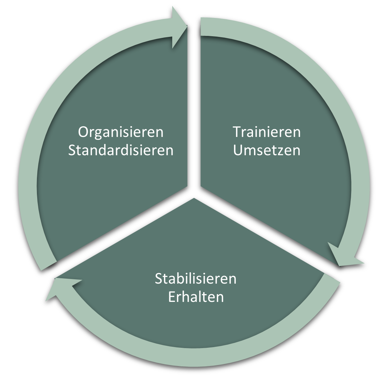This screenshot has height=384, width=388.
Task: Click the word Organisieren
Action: (x=121, y=132)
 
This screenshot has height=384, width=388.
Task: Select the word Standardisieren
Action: (x=121, y=150)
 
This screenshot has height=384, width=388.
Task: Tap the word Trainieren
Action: (x=267, y=132)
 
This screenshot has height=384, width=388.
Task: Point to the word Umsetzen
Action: (x=267, y=150)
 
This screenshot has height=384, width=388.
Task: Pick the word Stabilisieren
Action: (x=196, y=279)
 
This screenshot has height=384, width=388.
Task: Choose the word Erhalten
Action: (x=196, y=297)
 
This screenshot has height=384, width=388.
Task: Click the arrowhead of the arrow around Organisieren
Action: (x=179, y=27)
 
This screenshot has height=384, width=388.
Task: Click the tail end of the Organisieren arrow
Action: (x=49, y=266)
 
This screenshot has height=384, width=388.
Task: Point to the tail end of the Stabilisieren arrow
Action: (x=331, y=278)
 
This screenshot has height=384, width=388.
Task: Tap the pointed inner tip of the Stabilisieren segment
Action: (x=194, y=198)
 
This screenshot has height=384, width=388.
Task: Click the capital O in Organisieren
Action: (x=83, y=132)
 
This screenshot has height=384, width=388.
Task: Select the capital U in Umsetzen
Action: (x=237, y=150)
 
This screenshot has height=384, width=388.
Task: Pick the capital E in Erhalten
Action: (x=172, y=297)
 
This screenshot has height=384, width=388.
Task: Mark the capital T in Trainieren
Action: (x=237, y=132)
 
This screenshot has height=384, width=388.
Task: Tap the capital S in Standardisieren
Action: (x=72, y=150)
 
